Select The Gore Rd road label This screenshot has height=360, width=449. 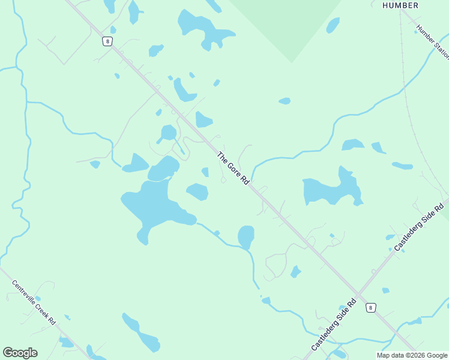(x=233, y=169)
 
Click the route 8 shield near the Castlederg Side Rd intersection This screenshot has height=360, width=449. (x=371, y=308)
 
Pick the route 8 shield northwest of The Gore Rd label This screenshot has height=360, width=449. (x=107, y=41)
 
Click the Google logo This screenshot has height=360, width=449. (x=20, y=353)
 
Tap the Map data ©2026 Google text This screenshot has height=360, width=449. (x=412, y=355)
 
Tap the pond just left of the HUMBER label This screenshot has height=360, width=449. (x=333, y=25)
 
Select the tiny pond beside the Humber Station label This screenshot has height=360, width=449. (x=416, y=32)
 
